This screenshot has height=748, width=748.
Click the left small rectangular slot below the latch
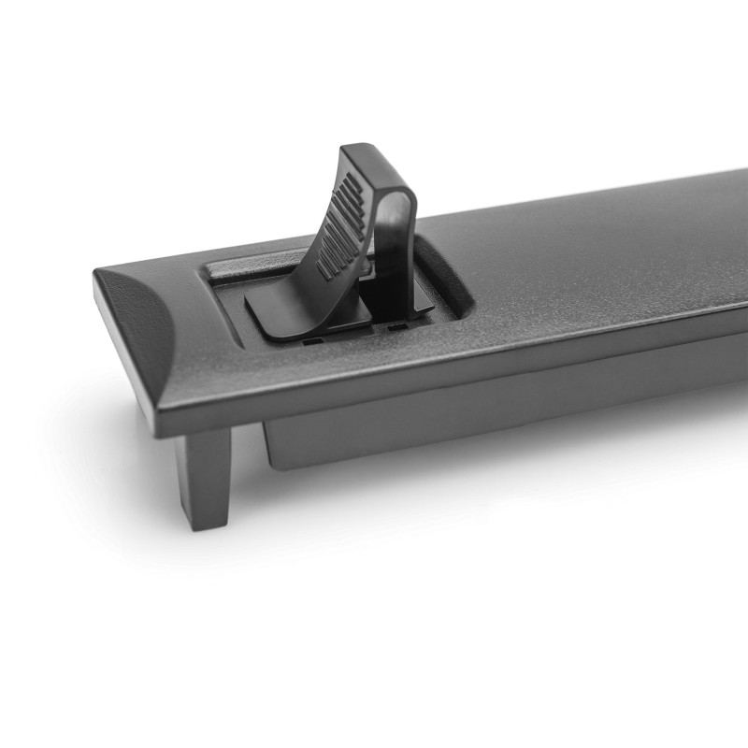coord(313,341)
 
